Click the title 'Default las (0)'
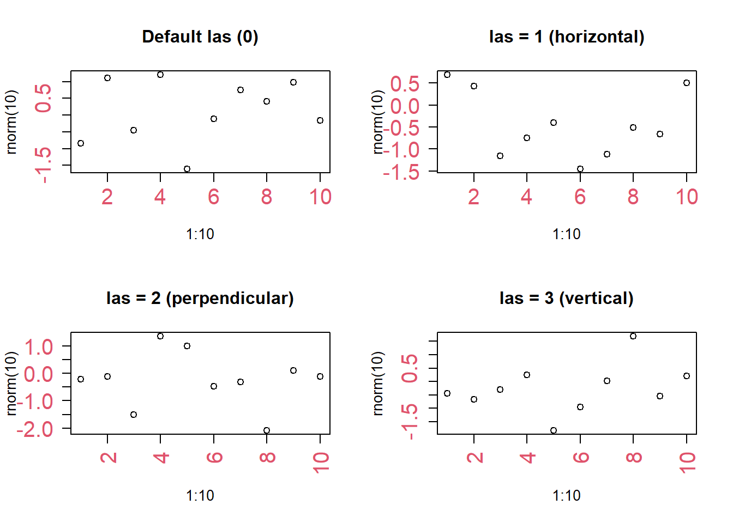click(x=200, y=37)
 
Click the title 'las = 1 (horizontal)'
click(x=567, y=37)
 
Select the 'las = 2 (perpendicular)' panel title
click(x=200, y=299)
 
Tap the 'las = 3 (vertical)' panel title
click(x=567, y=299)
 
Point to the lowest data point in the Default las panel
click(x=187, y=169)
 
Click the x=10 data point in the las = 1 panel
click(x=687, y=83)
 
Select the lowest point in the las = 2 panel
click(x=267, y=430)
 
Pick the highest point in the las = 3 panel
click(x=633, y=336)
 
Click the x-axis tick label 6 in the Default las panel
click(x=213, y=197)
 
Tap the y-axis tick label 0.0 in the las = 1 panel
click(x=405, y=106)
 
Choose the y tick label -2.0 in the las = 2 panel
click(x=35, y=429)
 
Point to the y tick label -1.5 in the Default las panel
click(x=44, y=165)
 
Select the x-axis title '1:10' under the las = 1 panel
click(x=567, y=234)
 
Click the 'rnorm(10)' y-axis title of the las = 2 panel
click(x=11, y=383)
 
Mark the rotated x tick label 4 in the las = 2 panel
click(x=161, y=457)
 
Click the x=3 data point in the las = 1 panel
click(x=500, y=156)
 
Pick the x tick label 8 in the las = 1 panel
click(x=633, y=197)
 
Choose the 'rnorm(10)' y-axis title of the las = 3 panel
click(x=378, y=383)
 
